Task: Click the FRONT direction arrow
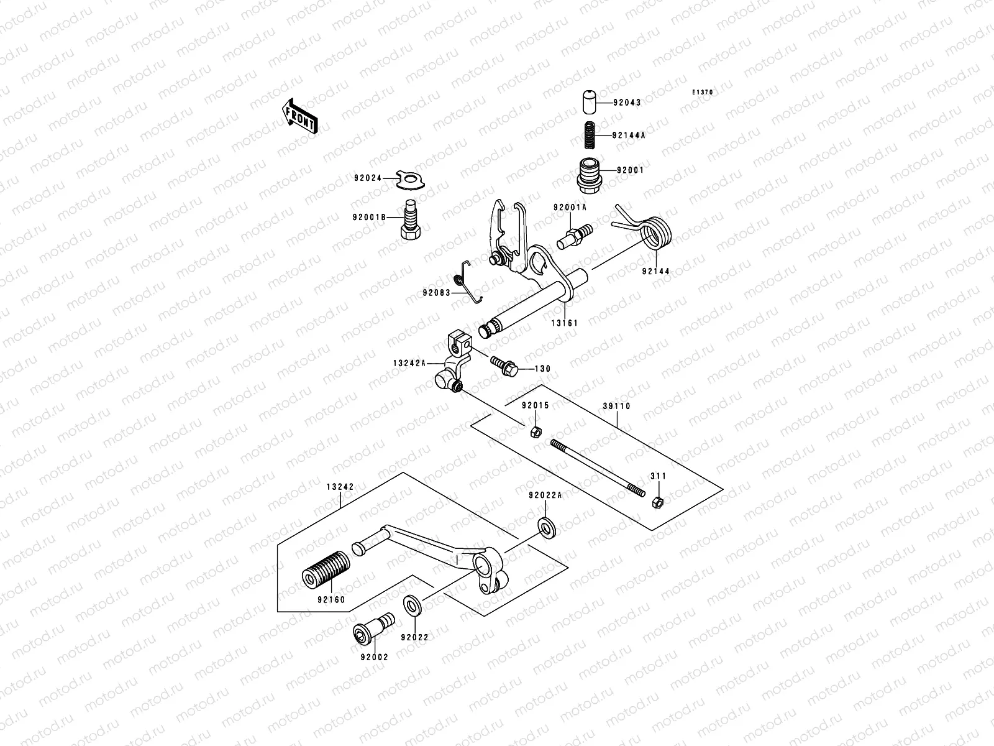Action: click(x=300, y=116)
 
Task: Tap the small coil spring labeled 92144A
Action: click(x=588, y=134)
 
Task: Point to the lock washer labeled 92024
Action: click(x=411, y=179)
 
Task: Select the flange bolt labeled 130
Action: click(x=501, y=366)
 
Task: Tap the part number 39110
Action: click(x=616, y=406)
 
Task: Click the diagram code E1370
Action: click(x=703, y=93)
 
